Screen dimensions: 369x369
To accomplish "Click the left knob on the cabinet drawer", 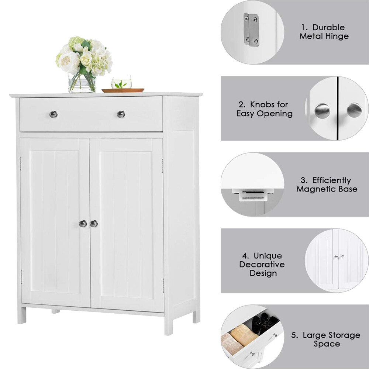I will point(54,114).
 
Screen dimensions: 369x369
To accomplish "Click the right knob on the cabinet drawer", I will point(121,114).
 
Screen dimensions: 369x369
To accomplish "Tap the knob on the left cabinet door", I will point(83,223).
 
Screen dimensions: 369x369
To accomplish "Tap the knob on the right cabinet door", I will point(94,223).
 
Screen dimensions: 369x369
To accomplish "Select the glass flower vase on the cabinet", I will point(82,83).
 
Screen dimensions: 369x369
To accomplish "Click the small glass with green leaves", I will point(121,82).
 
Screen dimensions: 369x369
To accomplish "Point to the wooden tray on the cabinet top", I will point(123,90).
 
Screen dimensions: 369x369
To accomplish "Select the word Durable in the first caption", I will point(328,27).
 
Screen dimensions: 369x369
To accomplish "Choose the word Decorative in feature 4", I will point(262,265).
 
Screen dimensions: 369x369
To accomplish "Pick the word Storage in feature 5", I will point(337,335).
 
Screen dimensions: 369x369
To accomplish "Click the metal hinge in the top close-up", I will point(251,30).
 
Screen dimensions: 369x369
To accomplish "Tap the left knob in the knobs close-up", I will point(322,111).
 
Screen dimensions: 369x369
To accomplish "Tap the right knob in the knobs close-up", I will point(354,110).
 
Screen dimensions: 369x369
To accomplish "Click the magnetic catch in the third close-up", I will point(253,194).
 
